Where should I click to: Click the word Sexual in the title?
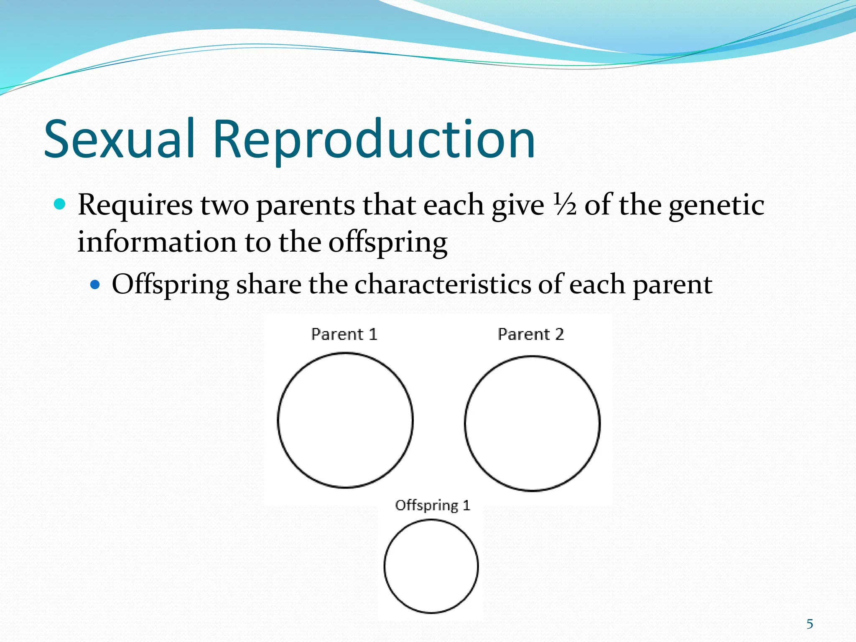pos(120,139)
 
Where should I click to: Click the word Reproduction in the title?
pos(374,140)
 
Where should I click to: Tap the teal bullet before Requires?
pos(60,204)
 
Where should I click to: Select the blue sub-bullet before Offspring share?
pos(96,285)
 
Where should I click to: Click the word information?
pos(157,242)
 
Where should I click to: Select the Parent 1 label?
pos(344,334)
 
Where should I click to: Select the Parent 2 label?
pos(531,334)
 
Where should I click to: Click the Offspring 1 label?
pos(433,505)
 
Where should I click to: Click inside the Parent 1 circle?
pos(345,420)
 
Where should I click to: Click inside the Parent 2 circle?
pos(532,423)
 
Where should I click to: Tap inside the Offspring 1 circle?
pos(431,566)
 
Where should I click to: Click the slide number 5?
pos(810,624)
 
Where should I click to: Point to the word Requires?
pos(135,205)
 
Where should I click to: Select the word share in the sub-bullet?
pos(268,285)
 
